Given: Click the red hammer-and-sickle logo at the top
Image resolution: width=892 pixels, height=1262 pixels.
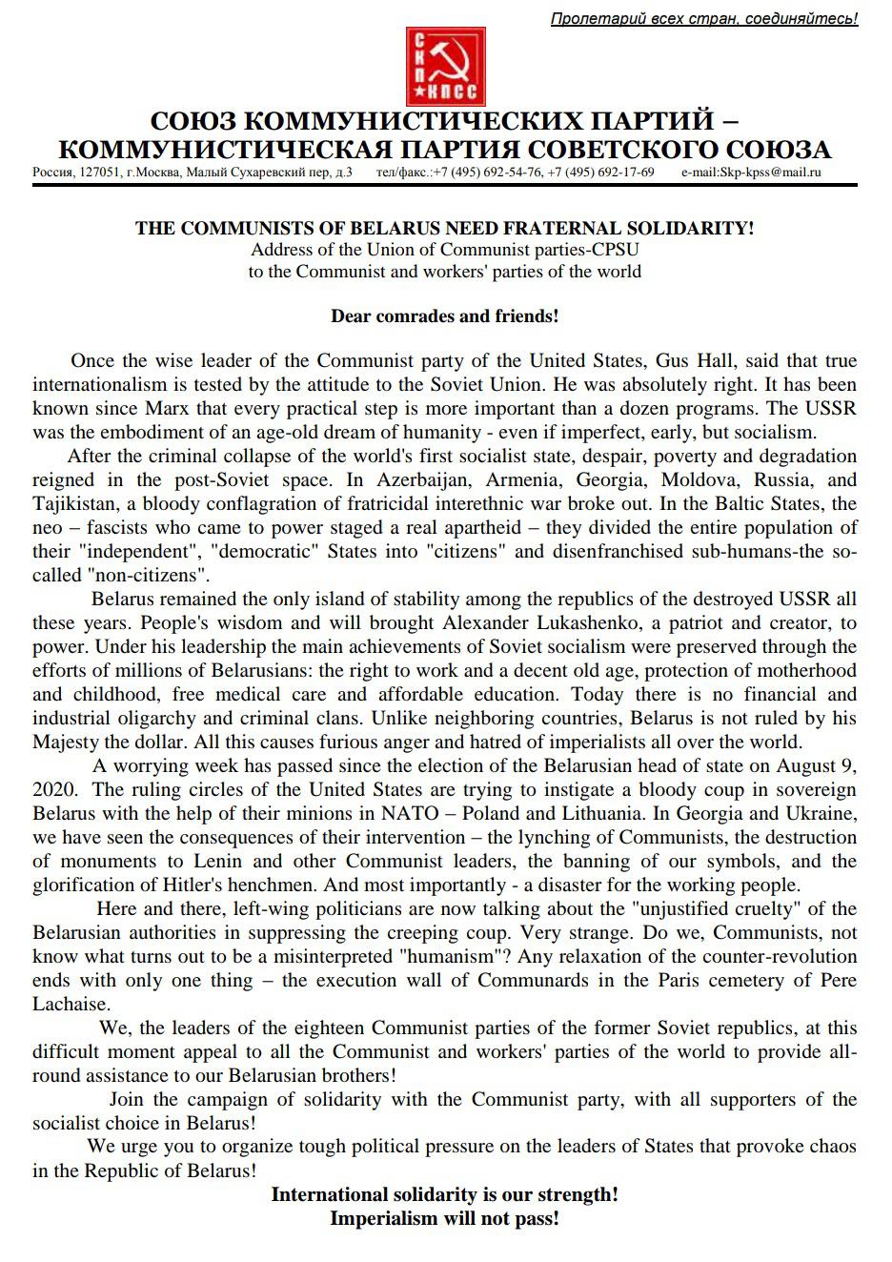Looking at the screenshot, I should pyautogui.click(x=446, y=67).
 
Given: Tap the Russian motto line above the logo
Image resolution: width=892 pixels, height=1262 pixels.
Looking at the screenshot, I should pyautogui.click(x=704, y=18).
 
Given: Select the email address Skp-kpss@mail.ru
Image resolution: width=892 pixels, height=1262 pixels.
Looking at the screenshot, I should pyautogui.click(x=751, y=173).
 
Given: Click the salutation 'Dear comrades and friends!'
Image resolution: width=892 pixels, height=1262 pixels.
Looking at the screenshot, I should pyautogui.click(x=445, y=316).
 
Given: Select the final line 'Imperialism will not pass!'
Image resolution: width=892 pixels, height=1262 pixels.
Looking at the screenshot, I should pyautogui.click(x=445, y=1218).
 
